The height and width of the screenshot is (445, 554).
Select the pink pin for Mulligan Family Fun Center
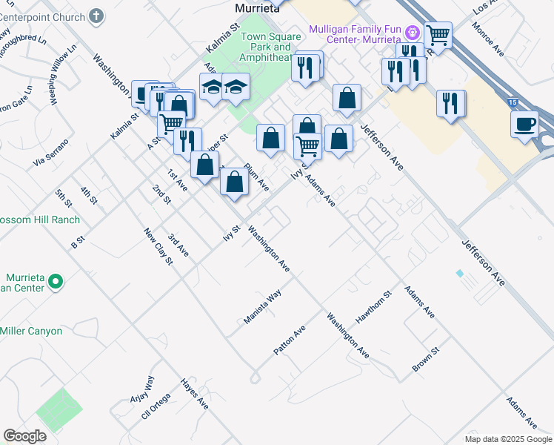coord(413,33)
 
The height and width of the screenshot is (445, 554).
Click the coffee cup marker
coord(524,124)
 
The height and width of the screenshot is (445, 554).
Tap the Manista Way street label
coord(263,307)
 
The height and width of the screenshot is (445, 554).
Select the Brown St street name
coord(426,359)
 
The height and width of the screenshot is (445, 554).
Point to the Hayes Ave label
coord(195,394)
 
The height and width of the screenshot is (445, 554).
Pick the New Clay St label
coord(158,246)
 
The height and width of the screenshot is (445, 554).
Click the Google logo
coord(24,436)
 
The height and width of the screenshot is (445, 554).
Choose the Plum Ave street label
coord(256,177)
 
